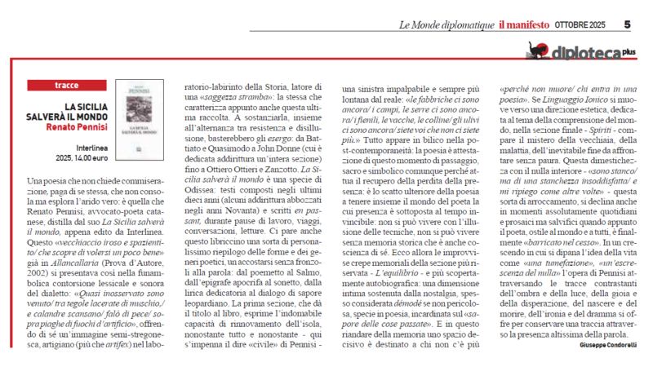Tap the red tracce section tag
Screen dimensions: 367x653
66,85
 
